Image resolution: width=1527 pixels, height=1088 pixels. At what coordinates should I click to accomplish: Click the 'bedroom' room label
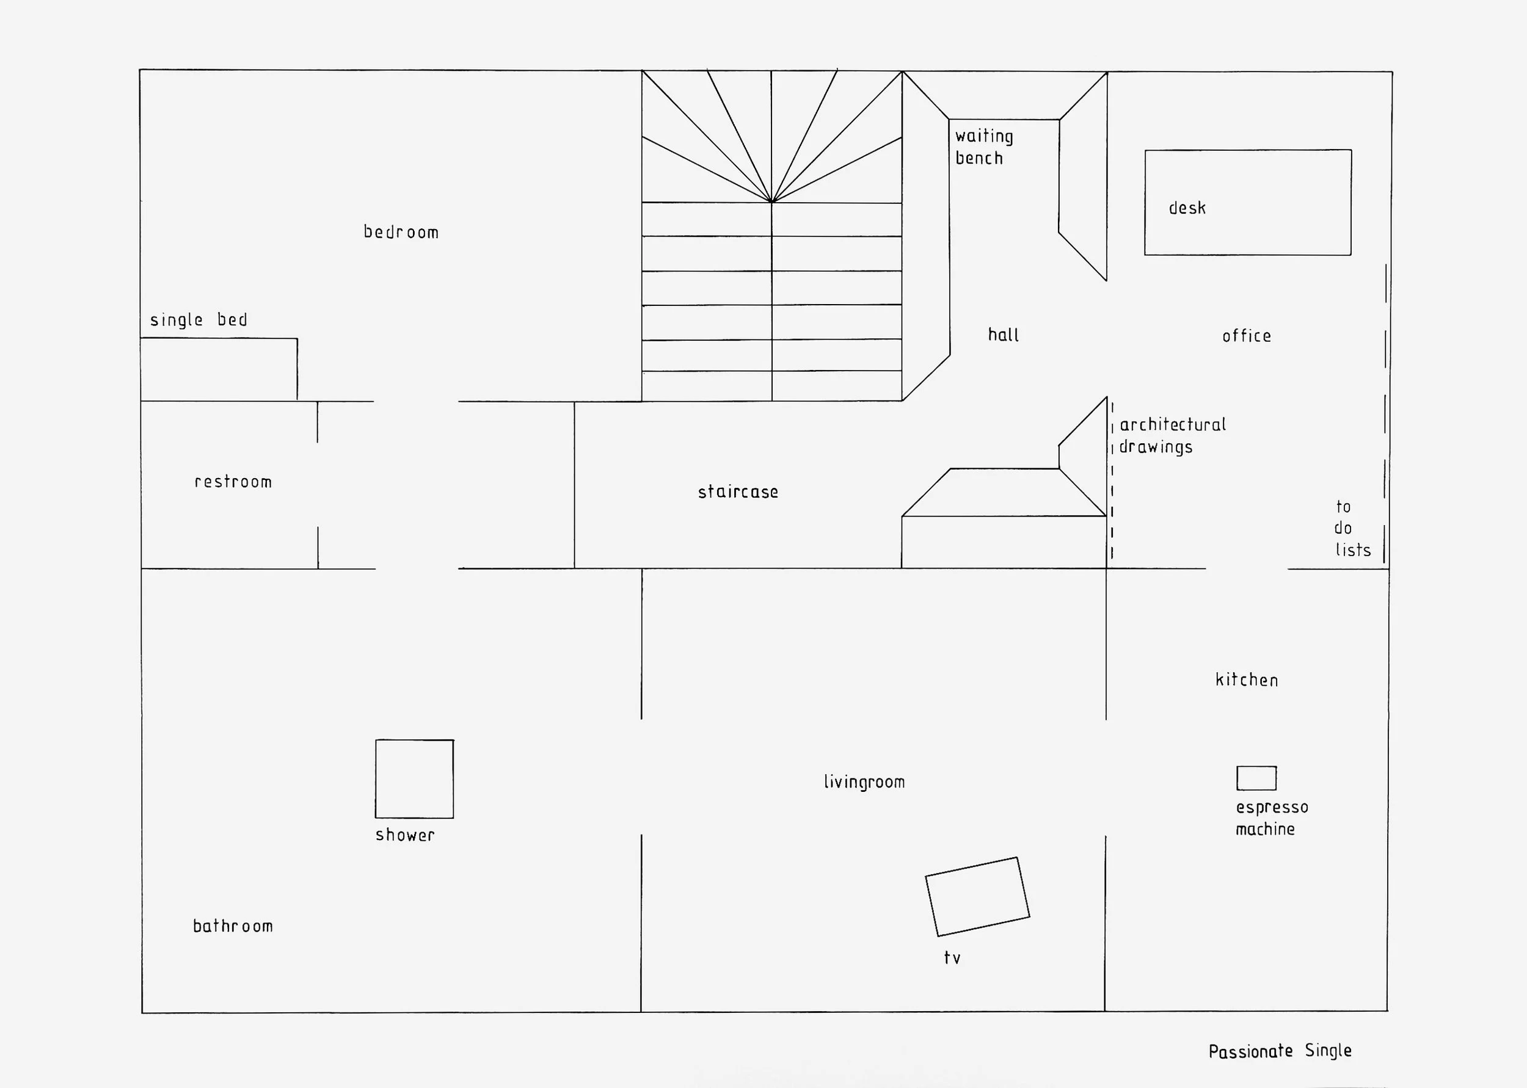(x=401, y=232)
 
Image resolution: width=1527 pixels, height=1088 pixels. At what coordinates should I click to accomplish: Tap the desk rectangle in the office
(x=1248, y=202)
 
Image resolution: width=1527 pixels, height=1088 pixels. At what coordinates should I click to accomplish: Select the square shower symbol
(x=414, y=778)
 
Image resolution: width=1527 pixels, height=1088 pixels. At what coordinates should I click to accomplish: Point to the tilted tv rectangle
(x=977, y=896)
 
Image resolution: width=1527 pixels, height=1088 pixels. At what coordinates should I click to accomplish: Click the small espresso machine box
(x=1256, y=778)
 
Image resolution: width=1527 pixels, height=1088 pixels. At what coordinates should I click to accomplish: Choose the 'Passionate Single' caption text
(x=1280, y=1051)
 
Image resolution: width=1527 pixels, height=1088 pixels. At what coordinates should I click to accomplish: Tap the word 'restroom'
(x=233, y=482)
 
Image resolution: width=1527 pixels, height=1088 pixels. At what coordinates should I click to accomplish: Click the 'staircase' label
(x=738, y=491)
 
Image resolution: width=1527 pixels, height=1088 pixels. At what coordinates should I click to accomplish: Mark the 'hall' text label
(x=1003, y=335)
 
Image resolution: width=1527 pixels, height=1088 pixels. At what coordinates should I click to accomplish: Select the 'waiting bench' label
(x=983, y=147)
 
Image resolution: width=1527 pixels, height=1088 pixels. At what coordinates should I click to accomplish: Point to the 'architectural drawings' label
(x=1172, y=435)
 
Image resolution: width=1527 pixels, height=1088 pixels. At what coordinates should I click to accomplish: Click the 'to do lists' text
(x=1350, y=529)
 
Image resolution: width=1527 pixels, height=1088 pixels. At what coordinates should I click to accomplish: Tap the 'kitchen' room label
(x=1246, y=680)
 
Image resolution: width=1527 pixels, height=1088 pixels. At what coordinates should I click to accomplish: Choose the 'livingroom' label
(x=864, y=782)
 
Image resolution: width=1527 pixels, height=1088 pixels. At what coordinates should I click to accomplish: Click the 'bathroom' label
(x=233, y=926)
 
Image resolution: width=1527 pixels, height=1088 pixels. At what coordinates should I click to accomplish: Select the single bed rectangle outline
(x=219, y=369)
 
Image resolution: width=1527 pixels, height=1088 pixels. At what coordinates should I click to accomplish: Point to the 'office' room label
(x=1246, y=336)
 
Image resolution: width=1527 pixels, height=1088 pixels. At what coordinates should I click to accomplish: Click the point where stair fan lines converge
(x=772, y=201)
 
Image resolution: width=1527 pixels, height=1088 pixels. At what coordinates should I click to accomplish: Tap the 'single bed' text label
(x=199, y=319)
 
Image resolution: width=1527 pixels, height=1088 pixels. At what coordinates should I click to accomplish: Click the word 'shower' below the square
(x=405, y=835)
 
